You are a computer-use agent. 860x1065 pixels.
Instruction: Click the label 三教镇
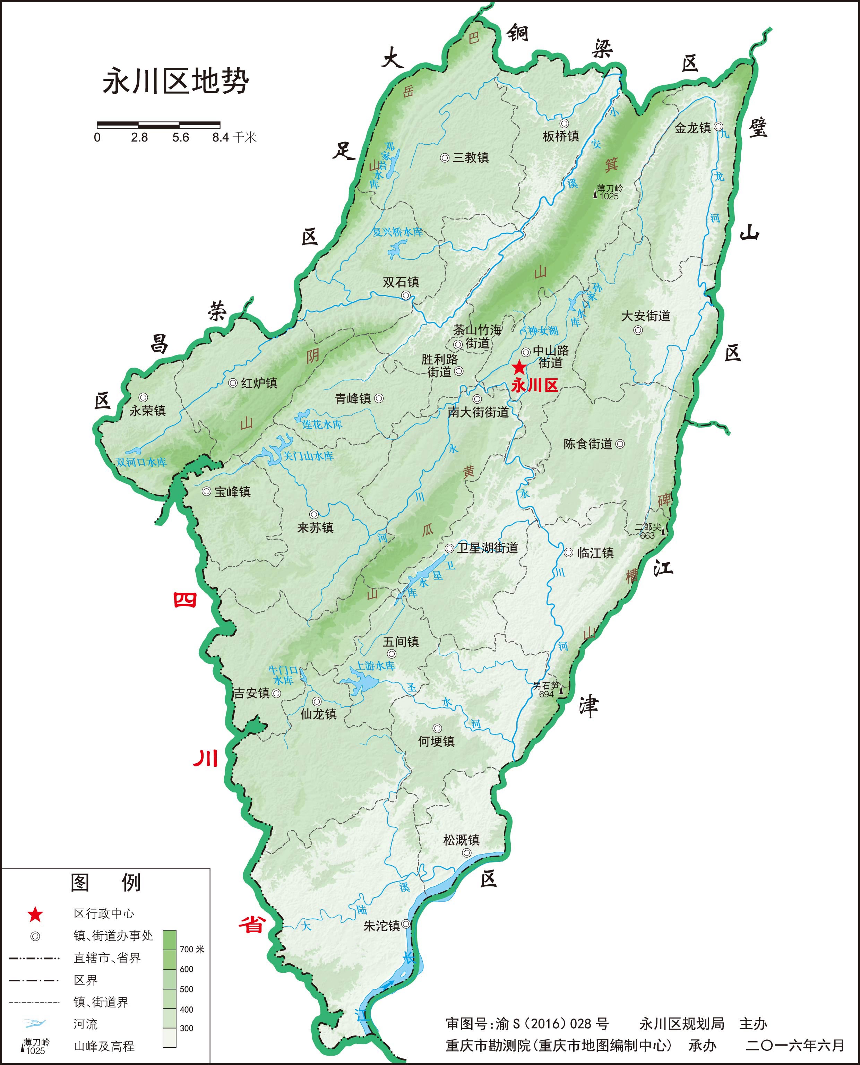[x=470, y=157]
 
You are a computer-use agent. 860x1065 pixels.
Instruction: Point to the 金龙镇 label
[x=693, y=128]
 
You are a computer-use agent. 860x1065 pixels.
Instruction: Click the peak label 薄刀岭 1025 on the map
[x=609, y=192]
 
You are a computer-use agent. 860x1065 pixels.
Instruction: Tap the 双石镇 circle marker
[x=406, y=295]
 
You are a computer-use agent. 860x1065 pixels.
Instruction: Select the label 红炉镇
[x=259, y=383]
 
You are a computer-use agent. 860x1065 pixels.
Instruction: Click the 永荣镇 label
[x=148, y=411]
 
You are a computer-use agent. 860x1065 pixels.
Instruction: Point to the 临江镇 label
[x=595, y=553]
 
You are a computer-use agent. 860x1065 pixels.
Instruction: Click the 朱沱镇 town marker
[x=406, y=924]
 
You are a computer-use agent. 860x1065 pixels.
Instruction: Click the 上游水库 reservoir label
[x=376, y=666]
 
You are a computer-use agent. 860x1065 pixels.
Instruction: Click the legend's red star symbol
[x=35, y=915]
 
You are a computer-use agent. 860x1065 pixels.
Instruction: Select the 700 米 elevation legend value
[x=192, y=949]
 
